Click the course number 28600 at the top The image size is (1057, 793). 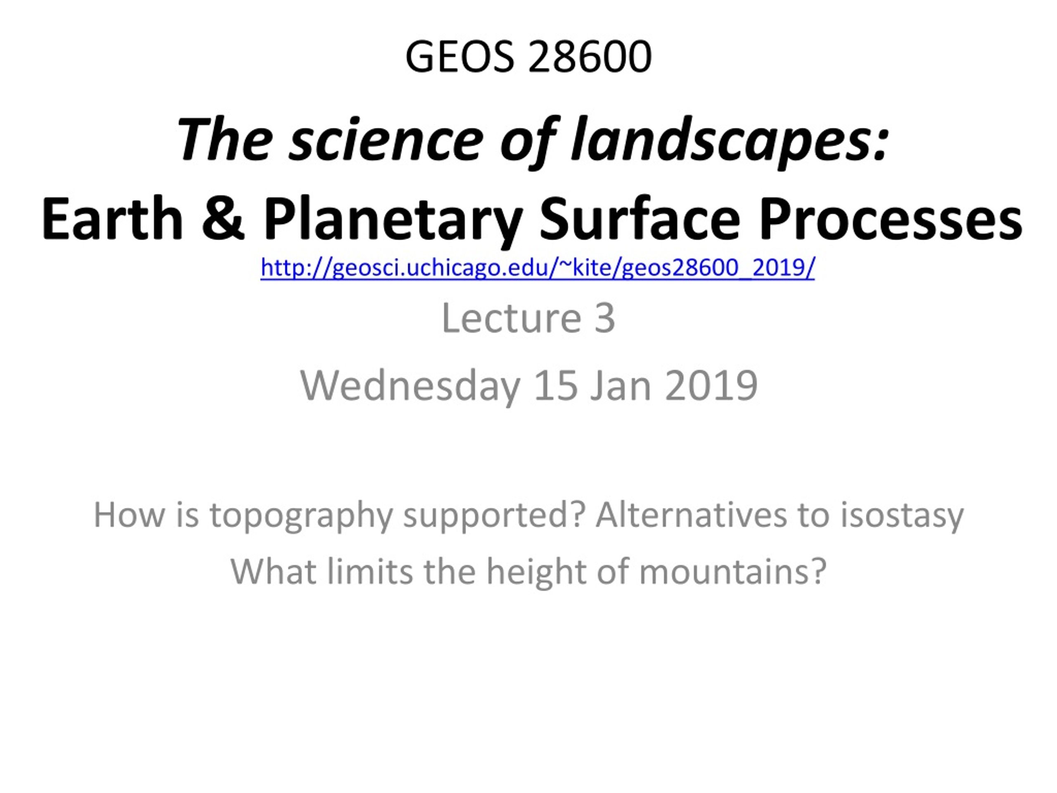click(x=590, y=57)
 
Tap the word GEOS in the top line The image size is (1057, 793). click(x=460, y=57)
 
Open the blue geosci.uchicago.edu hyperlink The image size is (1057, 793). click(x=538, y=268)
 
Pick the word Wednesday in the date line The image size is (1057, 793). click(x=410, y=386)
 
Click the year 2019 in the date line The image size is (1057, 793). click(x=711, y=385)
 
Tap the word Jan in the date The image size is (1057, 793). click(x=621, y=385)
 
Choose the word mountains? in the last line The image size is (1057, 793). click(x=732, y=571)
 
